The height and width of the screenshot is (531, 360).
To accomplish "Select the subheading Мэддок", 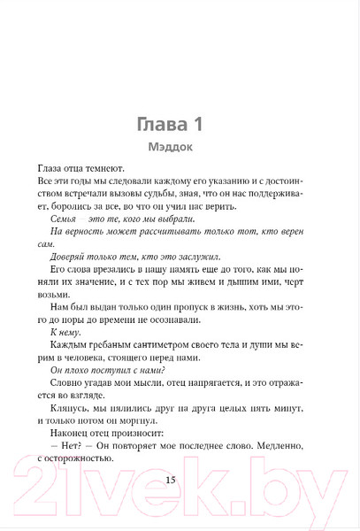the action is (x=180, y=149).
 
